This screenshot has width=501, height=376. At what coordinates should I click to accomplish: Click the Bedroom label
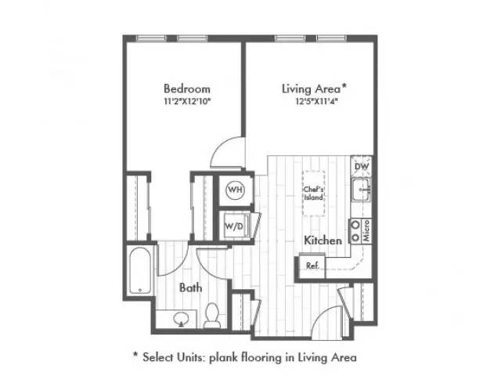coord(187,89)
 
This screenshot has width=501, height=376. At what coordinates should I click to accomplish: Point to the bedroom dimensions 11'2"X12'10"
coord(188,102)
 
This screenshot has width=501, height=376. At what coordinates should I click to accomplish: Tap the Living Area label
coord(314,89)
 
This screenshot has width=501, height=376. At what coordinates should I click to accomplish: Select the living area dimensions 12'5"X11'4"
coord(316,102)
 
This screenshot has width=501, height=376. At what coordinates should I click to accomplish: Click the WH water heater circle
coord(236,190)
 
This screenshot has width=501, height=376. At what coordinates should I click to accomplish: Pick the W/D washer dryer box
coord(236,226)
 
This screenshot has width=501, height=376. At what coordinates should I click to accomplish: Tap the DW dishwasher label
coord(362,166)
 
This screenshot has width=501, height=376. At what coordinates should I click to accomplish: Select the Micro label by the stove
coord(366,230)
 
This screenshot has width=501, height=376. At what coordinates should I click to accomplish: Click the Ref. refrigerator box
coord(312,266)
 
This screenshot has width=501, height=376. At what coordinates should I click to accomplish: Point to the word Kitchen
coord(323,240)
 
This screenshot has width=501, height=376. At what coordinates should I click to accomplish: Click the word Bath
coord(191,287)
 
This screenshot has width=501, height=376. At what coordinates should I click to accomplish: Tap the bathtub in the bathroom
coord(140,270)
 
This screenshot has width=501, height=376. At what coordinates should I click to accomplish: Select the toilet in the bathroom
coord(212,315)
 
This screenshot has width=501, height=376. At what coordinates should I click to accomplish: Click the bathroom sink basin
coord(181,319)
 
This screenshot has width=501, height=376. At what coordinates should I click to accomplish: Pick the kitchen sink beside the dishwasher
coord(361,190)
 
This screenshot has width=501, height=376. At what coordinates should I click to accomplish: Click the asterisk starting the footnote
coord(135,355)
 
